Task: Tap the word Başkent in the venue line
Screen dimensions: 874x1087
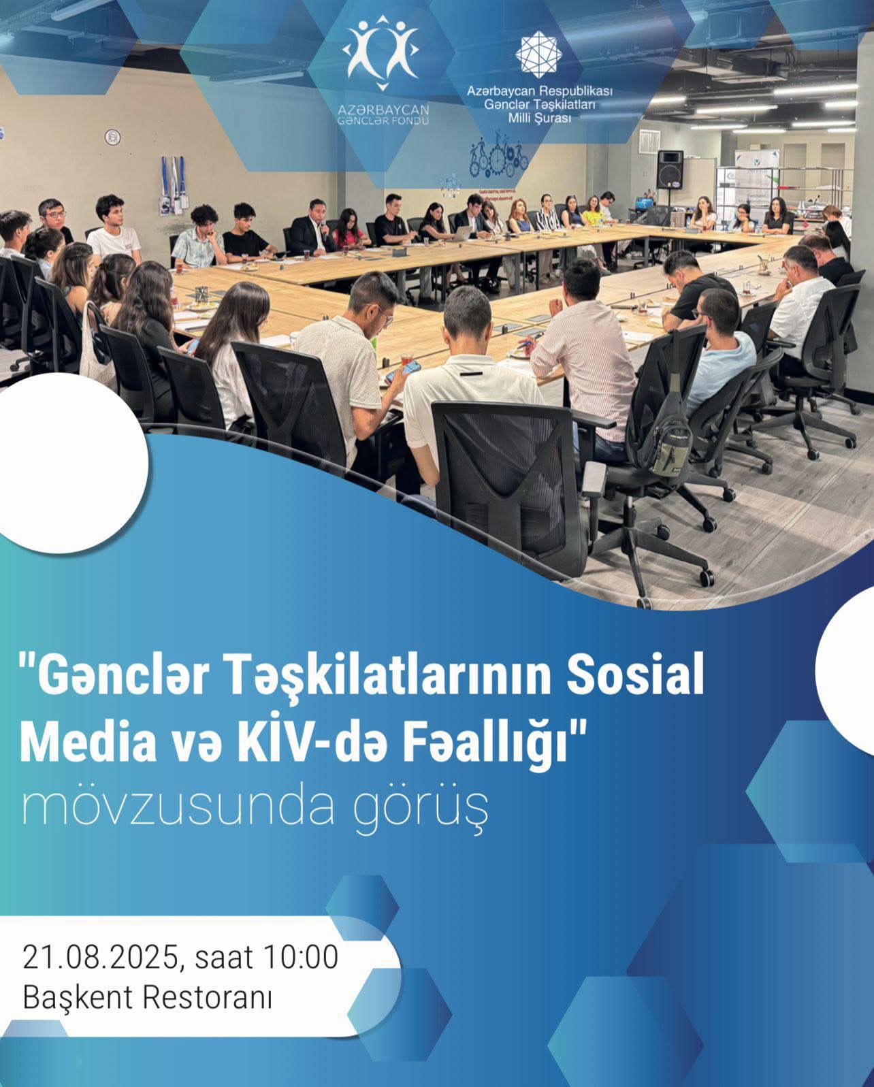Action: click(x=78, y=998)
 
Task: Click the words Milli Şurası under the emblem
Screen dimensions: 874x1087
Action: click(x=539, y=118)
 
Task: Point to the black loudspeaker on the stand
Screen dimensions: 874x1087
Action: click(x=670, y=170)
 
